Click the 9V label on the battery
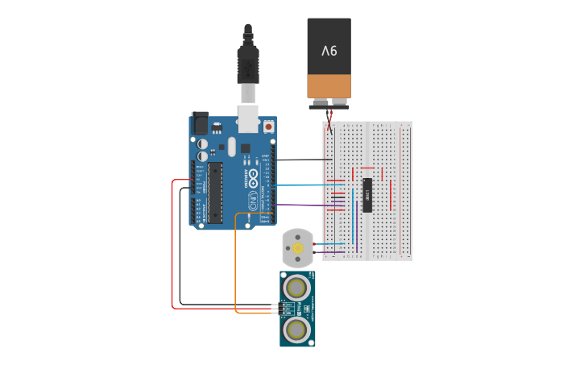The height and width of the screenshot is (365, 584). tap(329, 50)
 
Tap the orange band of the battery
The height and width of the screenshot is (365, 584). tap(329, 85)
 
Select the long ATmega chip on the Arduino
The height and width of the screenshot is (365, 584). tap(215, 193)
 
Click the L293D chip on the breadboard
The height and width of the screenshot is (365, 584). tap(367, 194)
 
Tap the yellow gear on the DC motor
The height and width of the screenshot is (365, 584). tap(298, 249)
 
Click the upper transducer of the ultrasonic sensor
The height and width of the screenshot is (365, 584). tap(297, 288)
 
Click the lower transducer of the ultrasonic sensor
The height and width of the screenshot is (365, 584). tap(297, 329)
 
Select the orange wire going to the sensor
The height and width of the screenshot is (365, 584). tap(235, 266)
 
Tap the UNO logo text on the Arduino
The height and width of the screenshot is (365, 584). tap(251, 198)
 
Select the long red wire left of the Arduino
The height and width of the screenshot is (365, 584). tap(172, 250)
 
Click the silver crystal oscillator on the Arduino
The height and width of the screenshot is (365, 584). tap(232, 146)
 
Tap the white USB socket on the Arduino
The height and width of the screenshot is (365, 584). tap(248, 118)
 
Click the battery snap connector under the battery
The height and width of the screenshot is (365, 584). tap(329, 105)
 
